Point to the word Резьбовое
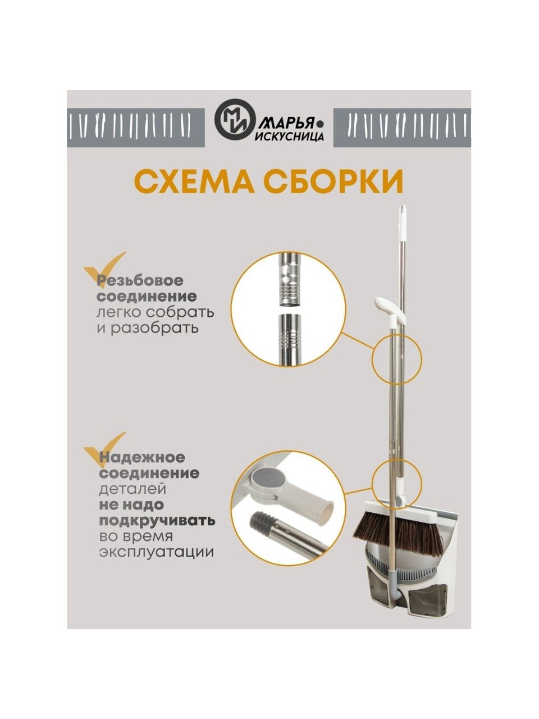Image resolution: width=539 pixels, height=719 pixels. (140, 280)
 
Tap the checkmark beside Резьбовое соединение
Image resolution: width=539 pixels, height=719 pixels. (104, 270)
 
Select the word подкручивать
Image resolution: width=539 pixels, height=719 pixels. (157, 521)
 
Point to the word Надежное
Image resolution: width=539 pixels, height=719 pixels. (142, 457)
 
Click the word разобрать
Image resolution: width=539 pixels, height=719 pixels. (154, 328)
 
